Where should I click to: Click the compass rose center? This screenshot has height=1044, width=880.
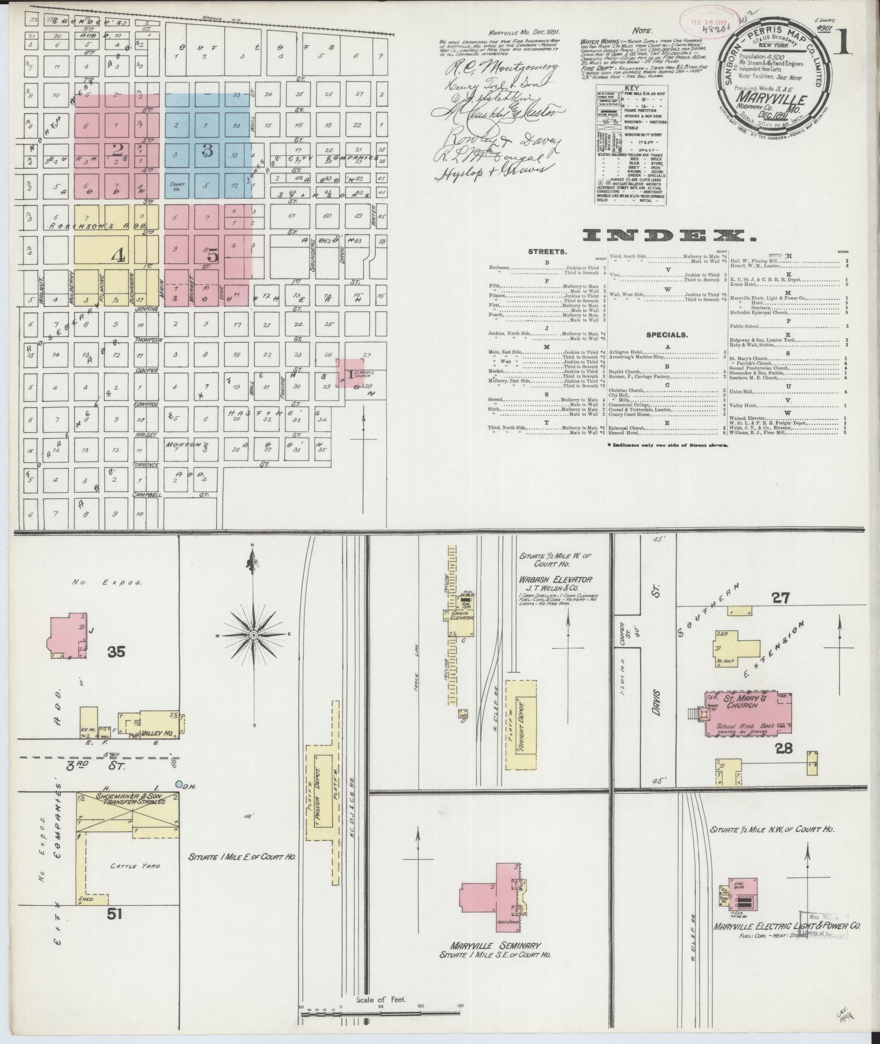click(x=253, y=635)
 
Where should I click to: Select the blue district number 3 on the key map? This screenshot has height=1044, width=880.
click(x=207, y=151)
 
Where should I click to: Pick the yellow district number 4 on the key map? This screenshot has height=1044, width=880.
click(x=117, y=254)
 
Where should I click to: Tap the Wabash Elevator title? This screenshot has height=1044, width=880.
click(x=556, y=579)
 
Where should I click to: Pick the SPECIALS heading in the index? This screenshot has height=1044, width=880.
click(x=667, y=335)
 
